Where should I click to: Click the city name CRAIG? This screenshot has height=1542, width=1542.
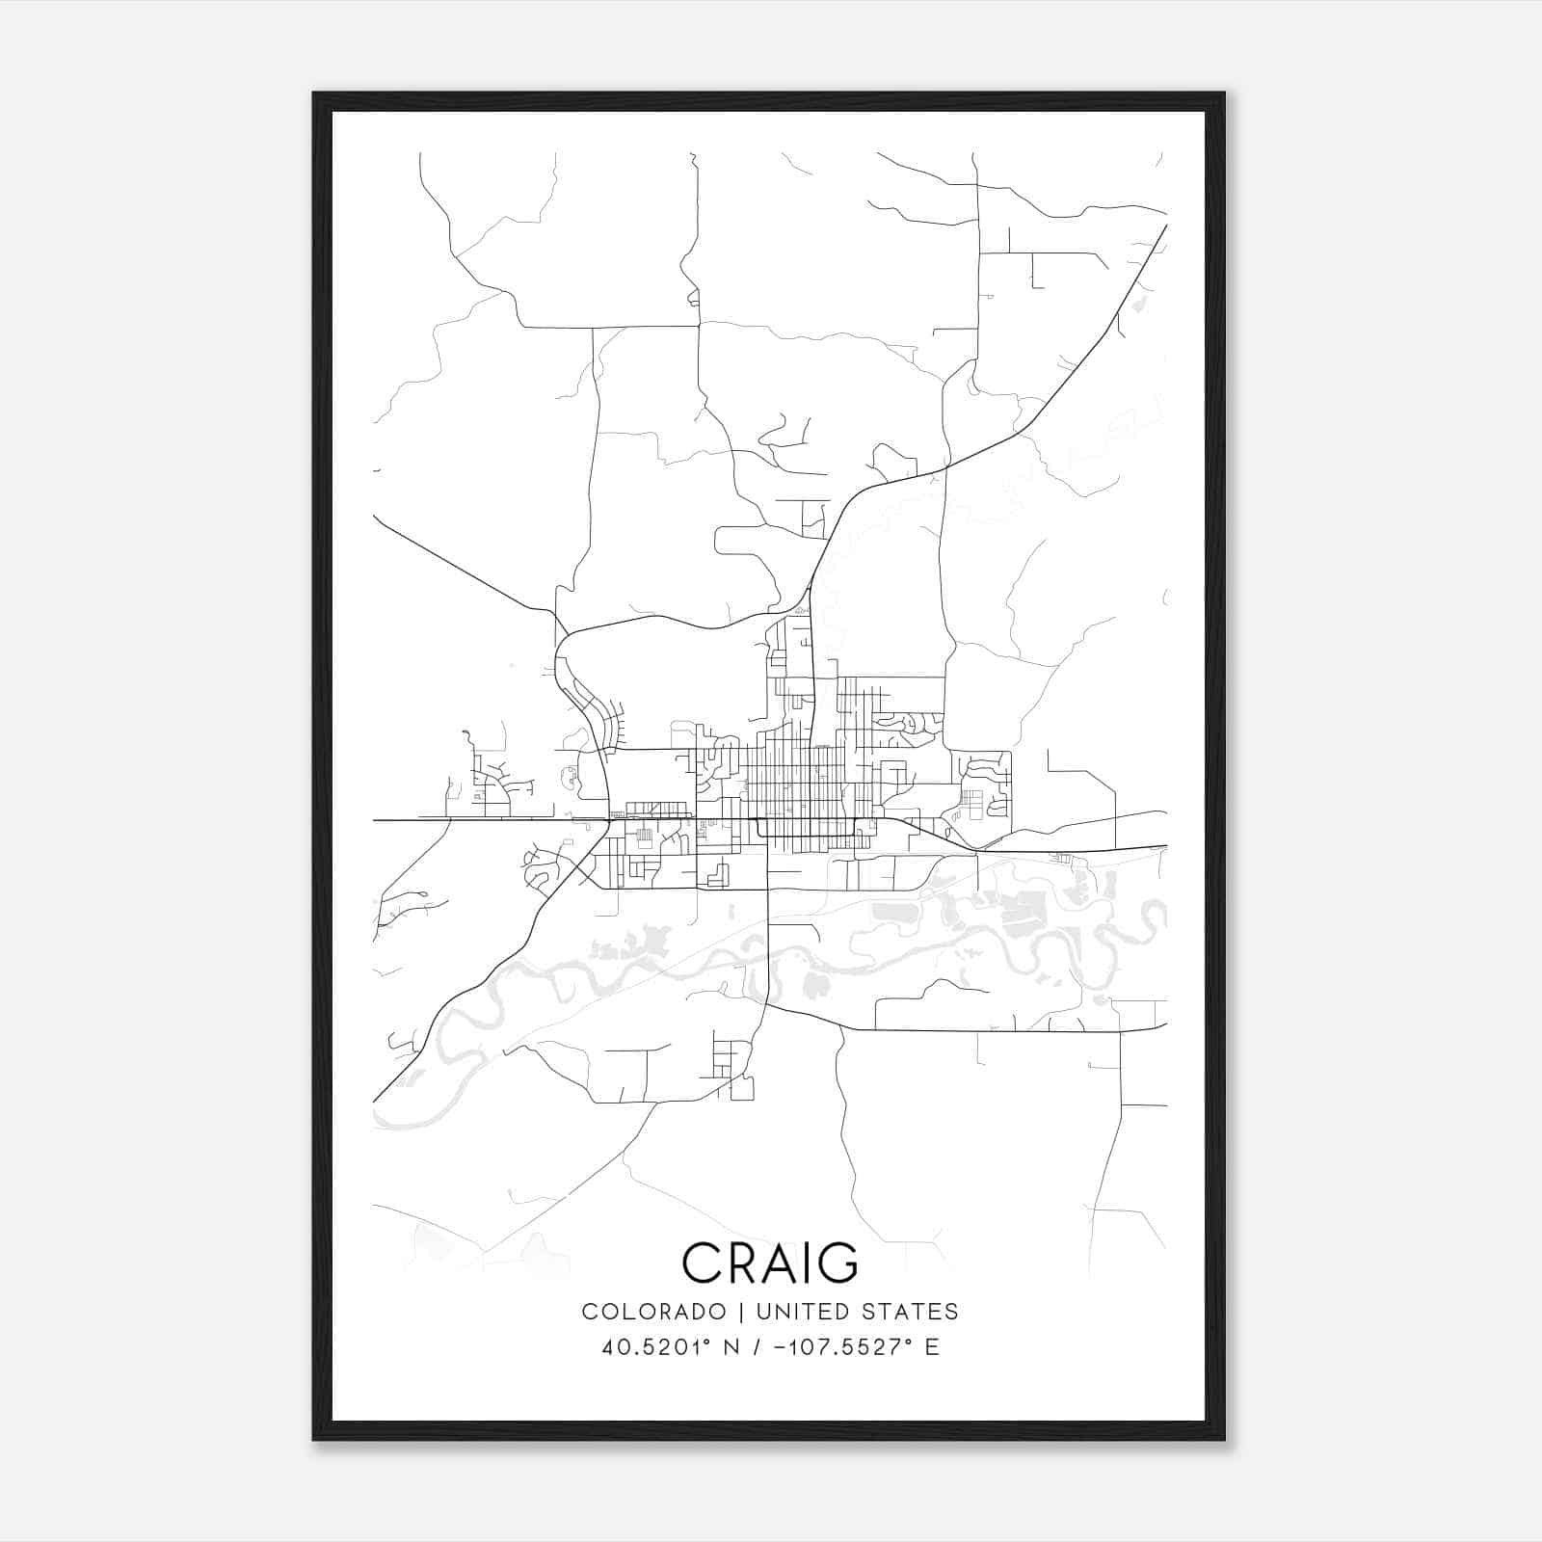[x=769, y=1263]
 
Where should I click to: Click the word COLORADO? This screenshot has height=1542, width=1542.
[x=653, y=1312]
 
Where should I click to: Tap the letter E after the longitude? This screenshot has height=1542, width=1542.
[x=932, y=1347]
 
